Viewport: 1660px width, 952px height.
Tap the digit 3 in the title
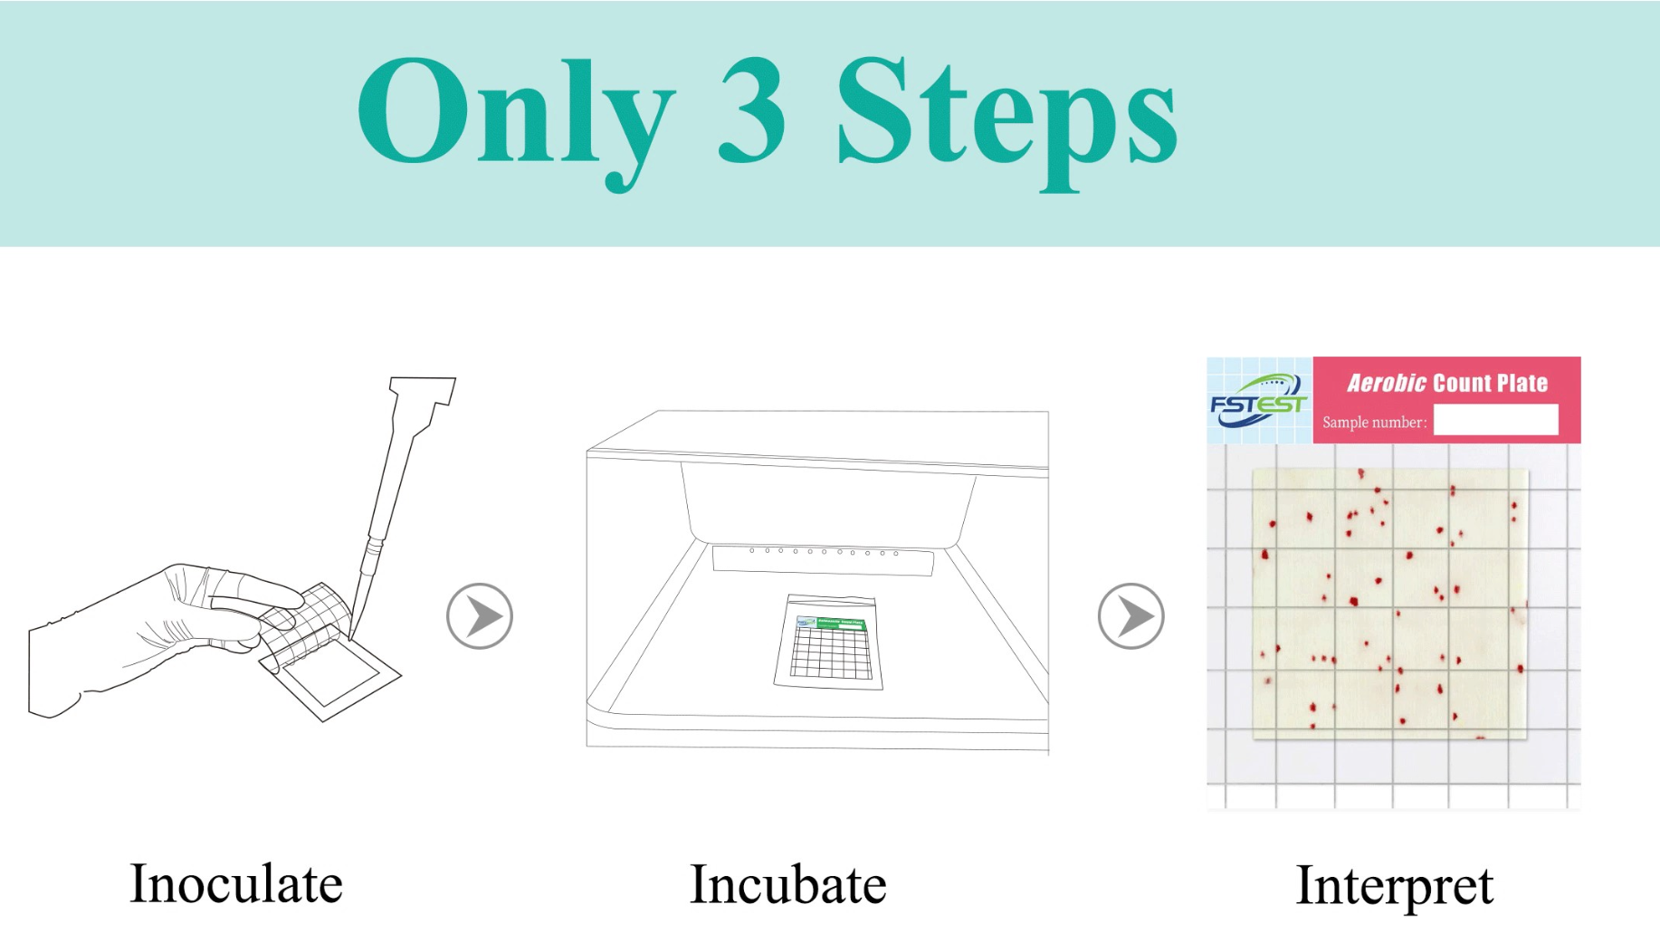(x=751, y=110)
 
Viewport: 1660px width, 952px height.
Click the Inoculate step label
(x=236, y=884)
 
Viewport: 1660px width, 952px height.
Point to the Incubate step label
(x=787, y=884)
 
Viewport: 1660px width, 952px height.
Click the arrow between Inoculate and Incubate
(x=480, y=616)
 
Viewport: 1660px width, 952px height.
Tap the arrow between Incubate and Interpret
(x=1131, y=616)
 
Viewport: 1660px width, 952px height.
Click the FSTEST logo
(x=1259, y=401)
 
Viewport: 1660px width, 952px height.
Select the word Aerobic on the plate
(x=1387, y=383)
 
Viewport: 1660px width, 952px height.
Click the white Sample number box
(x=1496, y=420)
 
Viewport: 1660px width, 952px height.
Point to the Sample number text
(x=1374, y=423)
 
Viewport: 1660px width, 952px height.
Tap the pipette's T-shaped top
(x=423, y=391)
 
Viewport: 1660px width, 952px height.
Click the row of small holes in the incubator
(x=824, y=551)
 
